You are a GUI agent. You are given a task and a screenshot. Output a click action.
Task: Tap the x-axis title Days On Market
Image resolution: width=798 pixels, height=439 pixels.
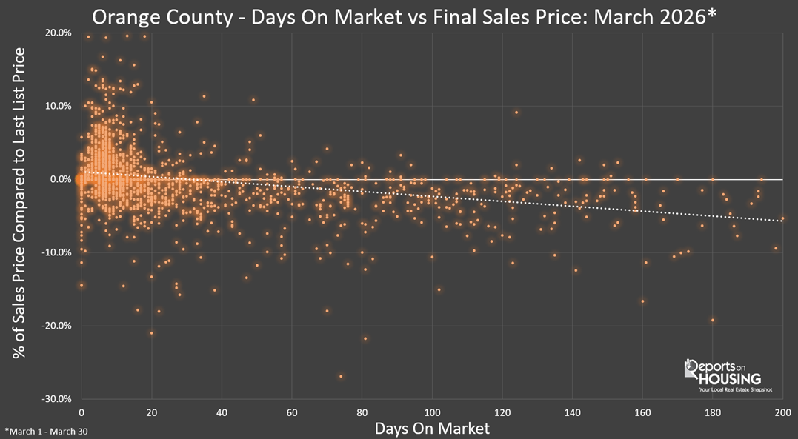[432, 428]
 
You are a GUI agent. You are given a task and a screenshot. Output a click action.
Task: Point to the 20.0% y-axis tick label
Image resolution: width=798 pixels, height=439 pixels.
[57, 33]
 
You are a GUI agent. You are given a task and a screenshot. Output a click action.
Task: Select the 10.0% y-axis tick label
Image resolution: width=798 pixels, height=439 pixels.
[57, 106]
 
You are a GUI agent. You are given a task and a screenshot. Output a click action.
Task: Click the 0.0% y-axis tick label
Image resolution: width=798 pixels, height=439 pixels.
[59, 179]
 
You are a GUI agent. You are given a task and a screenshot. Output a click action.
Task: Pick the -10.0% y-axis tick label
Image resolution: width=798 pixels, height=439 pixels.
[56, 252]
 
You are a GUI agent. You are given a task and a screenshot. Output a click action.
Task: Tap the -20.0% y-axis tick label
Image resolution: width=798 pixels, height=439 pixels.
[56, 326]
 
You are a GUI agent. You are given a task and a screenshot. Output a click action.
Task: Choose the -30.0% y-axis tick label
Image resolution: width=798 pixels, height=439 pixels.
[56, 398]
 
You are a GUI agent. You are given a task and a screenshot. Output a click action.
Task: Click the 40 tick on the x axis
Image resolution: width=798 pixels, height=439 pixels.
[222, 412]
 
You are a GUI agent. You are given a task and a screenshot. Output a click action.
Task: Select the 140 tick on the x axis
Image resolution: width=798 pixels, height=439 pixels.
[572, 412]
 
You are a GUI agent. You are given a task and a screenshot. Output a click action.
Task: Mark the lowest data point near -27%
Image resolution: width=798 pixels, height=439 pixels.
[341, 376]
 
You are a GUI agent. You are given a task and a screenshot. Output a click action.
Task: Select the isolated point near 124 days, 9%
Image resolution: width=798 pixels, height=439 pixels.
[516, 113]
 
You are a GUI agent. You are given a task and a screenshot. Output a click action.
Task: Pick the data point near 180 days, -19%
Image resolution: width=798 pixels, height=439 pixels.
[713, 321]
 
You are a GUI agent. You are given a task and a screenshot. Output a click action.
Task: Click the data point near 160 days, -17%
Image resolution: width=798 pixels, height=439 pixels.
[642, 301]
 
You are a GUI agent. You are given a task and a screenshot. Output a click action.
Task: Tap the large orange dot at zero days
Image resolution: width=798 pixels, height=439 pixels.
[79, 179]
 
